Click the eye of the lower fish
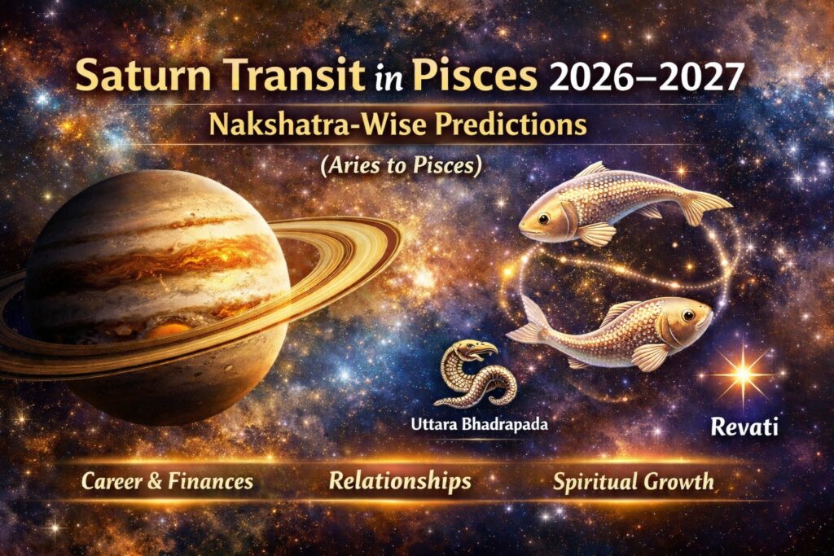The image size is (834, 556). (x=689, y=314)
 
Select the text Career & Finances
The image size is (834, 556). (x=167, y=481)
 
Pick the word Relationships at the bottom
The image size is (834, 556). (x=400, y=481)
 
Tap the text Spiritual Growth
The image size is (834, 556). (x=634, y=481)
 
